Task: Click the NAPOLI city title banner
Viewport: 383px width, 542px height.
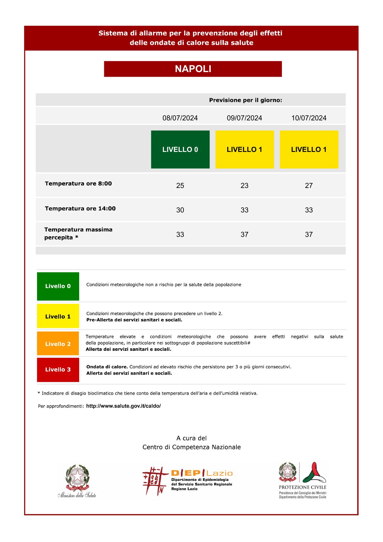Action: pos(193,69)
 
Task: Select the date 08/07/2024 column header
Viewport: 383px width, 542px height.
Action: pos(180,118)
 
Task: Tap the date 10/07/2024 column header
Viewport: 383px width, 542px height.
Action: pos(309,118)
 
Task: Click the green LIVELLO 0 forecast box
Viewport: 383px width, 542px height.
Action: pos(180,149)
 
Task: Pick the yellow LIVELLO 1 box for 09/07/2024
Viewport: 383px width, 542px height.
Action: pos(245,149)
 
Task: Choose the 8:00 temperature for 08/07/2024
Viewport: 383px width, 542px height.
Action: pos(180,186)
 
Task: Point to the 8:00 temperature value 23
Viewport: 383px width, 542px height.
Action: pos(245,186)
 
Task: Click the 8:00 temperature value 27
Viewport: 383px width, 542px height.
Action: pos(309,186)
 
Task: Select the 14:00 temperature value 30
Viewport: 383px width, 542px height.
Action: pos(180,210)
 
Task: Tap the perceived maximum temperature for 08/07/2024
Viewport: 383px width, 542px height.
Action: pos(180,235)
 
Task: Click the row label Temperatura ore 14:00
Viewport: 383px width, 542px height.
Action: pos(80,209)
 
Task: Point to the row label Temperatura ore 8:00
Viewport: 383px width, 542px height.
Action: pos(78,183)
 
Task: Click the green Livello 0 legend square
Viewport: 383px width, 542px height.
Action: pos(58,286)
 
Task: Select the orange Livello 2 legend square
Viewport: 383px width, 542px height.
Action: pos(58,344)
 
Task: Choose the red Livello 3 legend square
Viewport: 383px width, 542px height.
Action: pos(58,369)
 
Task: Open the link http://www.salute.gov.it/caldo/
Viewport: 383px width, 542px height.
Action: pos(123,406)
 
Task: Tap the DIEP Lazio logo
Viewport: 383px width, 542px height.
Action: pos(188,481)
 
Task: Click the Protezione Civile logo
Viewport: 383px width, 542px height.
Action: pos(303,480)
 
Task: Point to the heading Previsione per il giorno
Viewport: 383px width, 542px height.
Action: pos(245,100)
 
